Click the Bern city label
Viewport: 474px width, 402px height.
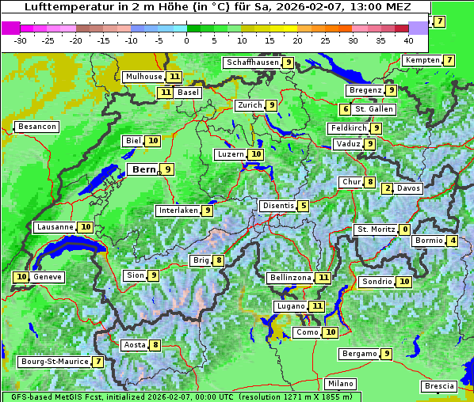[143, 169]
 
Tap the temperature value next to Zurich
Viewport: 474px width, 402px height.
[271, 105]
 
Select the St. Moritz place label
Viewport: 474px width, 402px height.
[374, 229]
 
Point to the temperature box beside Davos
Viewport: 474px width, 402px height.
[387, 188]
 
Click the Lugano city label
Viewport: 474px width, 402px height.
[289, 305]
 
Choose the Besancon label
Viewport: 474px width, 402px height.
[36, 127]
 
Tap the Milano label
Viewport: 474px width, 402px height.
[341, 384]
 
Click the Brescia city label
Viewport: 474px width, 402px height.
[439, 386]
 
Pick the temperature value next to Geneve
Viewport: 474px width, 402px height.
[21, 277]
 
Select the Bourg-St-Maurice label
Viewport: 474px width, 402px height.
[53, 362]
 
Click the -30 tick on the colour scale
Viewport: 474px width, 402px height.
[21, 40]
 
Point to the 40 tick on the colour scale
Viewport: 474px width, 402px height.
[408, 40]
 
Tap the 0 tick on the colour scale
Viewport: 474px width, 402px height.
[187, 40]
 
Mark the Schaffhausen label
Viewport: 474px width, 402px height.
[253, 63]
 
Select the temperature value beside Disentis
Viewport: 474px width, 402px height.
[304, 206]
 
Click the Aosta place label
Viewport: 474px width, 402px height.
[134, 345]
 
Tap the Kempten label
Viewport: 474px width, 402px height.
[422, 60]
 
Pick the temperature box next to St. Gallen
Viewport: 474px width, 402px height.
[346, 109]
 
